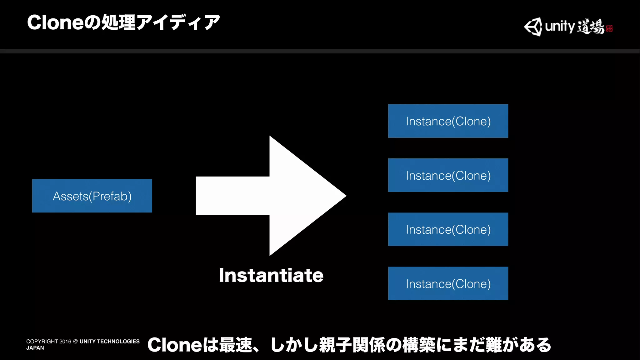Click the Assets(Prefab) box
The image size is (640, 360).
pos(92,196)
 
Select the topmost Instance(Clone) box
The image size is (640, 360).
pos(448,121)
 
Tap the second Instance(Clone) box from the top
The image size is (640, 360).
pos(448,175)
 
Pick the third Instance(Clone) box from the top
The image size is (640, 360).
pos(448,229)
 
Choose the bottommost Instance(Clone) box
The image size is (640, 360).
pos(448,283)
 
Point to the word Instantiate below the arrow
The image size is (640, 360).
pos(271,275)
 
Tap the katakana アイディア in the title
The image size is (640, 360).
pos(178,22)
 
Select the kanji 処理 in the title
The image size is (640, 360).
pos(119,22)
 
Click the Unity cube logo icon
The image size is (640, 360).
pos(533,27)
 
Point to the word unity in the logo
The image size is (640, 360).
pos(560,26)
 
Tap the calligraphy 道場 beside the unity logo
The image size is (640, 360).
pos(590,26)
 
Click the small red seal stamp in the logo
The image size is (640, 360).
pos(609,28)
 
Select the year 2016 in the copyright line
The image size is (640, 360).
pos(65,342)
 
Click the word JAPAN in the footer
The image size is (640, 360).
pos(35,348)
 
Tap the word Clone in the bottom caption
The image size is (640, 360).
pos(174,345)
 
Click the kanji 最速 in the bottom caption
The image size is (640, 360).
pos(236,345)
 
